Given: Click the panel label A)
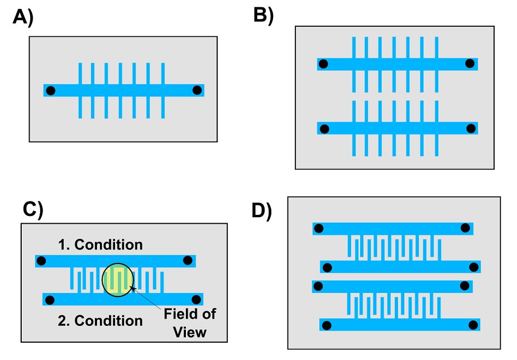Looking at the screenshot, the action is coord(23,17).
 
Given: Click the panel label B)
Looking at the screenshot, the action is coord(264,15).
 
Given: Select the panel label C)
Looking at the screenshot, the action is coord(33,209).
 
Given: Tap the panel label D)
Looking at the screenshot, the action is coord(261,210).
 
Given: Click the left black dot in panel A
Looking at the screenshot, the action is coord(50,90).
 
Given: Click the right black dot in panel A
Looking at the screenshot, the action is coord(197,90).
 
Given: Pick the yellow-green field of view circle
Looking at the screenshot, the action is coord(118,280).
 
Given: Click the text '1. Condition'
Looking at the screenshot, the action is coord(100,244).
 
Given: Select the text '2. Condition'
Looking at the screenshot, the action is coord(100,321).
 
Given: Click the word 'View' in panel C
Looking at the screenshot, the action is coord(190,332).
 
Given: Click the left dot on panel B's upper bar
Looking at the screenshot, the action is coord(323,64).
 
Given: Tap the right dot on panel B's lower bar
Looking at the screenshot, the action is coord(471,128).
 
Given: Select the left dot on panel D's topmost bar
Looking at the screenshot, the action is coord(319,228).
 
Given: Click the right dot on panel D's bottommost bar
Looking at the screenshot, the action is coord(473,325).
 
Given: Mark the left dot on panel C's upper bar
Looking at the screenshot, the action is coord(41,261).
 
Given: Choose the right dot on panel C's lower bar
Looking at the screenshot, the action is coord(196,300).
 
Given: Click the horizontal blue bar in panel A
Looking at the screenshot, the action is coord(123,90).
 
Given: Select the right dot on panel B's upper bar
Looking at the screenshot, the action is coord(470,63).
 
